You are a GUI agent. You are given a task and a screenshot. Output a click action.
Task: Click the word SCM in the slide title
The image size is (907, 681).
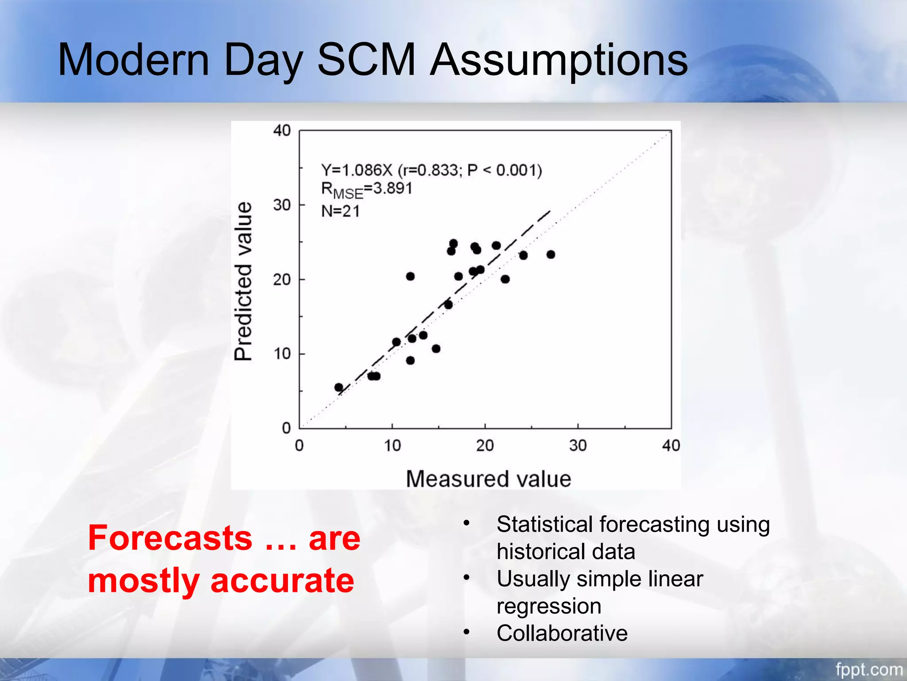click(x=366, y=60)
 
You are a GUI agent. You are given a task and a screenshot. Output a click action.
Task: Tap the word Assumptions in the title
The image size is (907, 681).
click(x=559, y=61)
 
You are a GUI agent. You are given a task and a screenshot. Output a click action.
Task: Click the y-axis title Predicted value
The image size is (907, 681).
click(x=243, y=281)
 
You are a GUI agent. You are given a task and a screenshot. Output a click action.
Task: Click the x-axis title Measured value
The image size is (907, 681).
click(x=488, y=479)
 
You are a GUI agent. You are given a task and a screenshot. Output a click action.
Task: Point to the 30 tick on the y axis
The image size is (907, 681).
click(x=282, y=205)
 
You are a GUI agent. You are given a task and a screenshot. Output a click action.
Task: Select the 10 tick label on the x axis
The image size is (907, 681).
click(x=392, y=445)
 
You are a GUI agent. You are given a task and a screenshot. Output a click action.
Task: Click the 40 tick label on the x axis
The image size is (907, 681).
click(x=671, y=445)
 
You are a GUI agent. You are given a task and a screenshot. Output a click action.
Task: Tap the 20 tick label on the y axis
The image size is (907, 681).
click(x=282, y=280)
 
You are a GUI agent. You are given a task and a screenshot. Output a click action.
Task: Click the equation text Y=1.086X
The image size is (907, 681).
click(x=357, y=170)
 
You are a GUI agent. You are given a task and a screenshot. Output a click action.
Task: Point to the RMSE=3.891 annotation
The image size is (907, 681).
click(x=366, y=189)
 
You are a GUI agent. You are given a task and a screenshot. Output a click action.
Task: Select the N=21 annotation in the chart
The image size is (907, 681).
click(x=340, y=211)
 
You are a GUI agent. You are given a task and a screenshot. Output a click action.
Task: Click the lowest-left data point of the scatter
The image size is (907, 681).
click(x=339, y=387)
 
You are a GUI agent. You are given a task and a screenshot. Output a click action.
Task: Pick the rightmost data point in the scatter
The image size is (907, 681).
click(x=550, y=254)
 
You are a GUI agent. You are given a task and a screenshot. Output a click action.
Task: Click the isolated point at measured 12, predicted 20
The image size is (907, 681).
click(x=410, y=276)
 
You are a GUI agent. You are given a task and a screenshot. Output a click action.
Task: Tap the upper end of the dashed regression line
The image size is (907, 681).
click(x=549, y=211)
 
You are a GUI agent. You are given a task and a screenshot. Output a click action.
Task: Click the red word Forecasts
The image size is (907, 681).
click(x=170, y=538)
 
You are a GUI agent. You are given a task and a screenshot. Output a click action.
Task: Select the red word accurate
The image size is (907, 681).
click(x=282, y=580)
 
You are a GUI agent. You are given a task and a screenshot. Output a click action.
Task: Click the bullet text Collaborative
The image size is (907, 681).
click(x=562, y=633)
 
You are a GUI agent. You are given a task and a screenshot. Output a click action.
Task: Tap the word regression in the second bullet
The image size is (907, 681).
click(x=549, y=606)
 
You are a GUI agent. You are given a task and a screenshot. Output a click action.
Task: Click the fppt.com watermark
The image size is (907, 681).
click(x=868, y=669)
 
